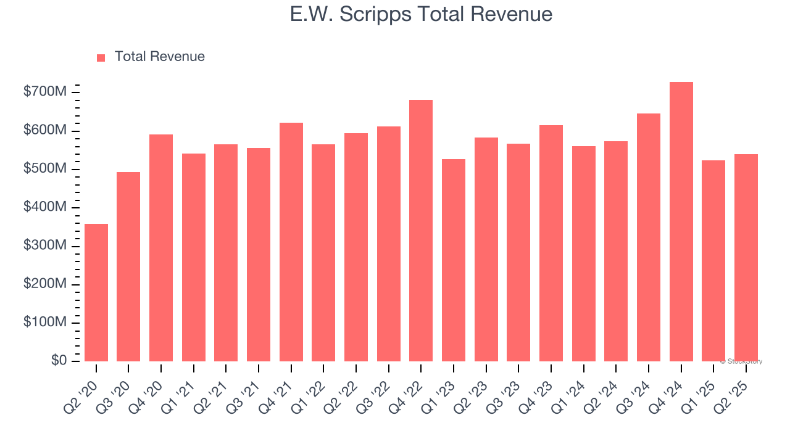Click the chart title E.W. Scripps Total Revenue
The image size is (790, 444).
[421, 14]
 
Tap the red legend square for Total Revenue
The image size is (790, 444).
[101, 57]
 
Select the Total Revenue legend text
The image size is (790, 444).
[159, 57]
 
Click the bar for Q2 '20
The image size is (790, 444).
[96, 292]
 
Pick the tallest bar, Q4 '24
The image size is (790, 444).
[681, 221]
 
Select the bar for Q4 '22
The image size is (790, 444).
[421, 231]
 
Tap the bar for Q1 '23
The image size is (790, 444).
[454, 260]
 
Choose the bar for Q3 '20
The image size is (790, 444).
[128, 266]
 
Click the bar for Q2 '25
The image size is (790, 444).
[746, 258]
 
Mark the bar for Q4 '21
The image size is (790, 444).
[291, 242]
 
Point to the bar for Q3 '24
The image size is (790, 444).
[649, 237]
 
